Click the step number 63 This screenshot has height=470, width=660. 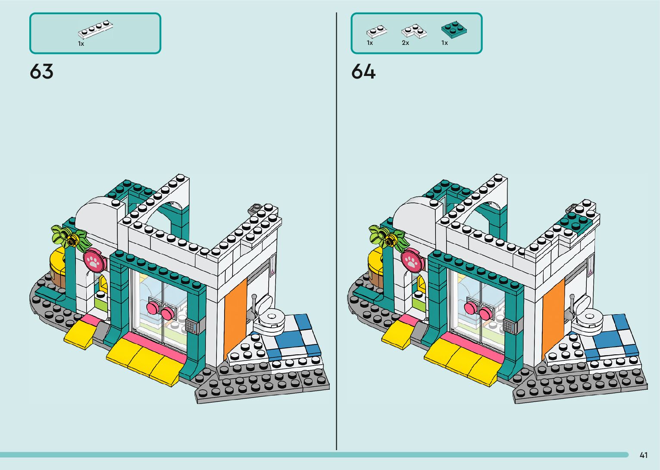tap(42, 72)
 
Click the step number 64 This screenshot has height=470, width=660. tap(363, 72)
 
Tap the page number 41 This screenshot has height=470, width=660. tap(644, 455)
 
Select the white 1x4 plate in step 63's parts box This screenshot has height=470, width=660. tap(95, 29)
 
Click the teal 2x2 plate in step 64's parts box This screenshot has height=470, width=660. tap(454, 29)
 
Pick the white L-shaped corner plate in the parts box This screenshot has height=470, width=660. tap(414, 31)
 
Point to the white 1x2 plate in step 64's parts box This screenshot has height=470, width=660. tap(376, 31)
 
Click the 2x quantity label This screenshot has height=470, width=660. tap(405, 43)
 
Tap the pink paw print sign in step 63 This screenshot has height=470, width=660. tap(94, 260)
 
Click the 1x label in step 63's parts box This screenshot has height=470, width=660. tap(81, 44)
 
